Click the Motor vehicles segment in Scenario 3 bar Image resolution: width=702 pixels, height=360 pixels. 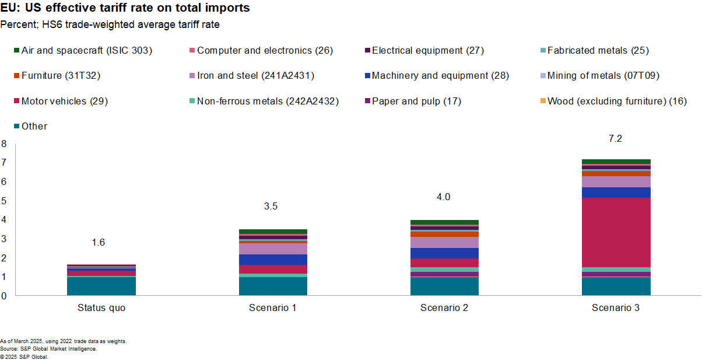[x=616, y=232]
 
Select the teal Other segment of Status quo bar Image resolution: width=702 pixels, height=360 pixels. [x=101, y=286]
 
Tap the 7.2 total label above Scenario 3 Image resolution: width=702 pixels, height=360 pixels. [x=616, y=139]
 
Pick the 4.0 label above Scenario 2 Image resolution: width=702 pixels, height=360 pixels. [x=444, y=197]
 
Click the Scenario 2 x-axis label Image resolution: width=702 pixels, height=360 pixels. [x=444, y=308]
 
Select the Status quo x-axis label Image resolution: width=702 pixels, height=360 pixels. [x=101, y=308]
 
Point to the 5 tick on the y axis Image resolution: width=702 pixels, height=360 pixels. [x=3, y=201]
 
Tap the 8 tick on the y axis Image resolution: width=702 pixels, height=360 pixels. [x=3, y=144]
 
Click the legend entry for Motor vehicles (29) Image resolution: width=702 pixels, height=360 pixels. [x=64, y=101]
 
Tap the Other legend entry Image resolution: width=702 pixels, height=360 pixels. [x=34, y=126]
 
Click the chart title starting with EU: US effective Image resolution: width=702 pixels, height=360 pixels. [x=125, y=8]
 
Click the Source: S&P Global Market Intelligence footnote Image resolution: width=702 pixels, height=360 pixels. [x=48, y=348]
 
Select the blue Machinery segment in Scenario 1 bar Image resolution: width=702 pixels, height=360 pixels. [x=273, y=259]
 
